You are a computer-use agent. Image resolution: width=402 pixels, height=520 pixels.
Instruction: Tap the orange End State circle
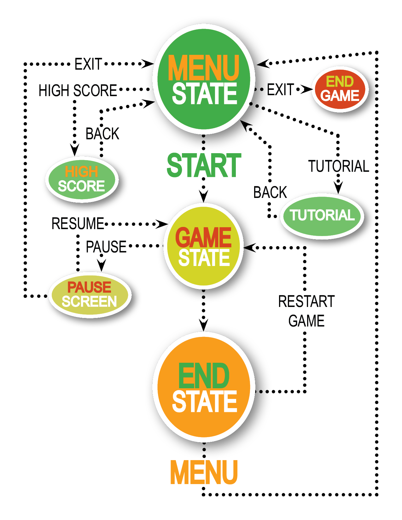pyautogui.click(x=204, y=387)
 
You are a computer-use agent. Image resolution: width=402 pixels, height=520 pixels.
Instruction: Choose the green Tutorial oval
pyautogui.click(x=322, y=216)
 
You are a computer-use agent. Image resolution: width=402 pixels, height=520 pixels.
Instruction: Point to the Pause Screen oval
pyautogui.click(x=90, y=295)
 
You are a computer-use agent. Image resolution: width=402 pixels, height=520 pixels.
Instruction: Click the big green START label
pyautogui.click(x=204, y=165)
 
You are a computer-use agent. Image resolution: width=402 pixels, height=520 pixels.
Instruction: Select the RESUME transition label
pyautogui.click(x=78, y=224)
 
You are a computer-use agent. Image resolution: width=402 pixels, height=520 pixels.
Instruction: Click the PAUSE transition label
pyautogui.click(x=106, y=246)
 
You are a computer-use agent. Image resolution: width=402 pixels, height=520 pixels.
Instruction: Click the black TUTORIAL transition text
pyautogui.click(x=338, y=166)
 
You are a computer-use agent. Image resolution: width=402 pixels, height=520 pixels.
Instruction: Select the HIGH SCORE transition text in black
pyautogui.click(x=78, y=90)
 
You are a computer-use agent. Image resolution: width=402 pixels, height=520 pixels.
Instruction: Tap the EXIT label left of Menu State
pyautogui.click(x=88, y=64)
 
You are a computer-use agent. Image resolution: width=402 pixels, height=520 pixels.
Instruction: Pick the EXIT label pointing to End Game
pyautogui.click(x=280, y=90)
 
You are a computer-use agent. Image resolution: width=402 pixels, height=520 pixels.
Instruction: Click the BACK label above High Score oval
pyautogui.click(x=102, y=134)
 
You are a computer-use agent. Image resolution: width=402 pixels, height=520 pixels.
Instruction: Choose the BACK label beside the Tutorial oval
pyautogui.click(x=270, y=192)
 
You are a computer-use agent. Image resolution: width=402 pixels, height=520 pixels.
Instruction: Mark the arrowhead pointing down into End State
pyautogui.click(x=204, y=325)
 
